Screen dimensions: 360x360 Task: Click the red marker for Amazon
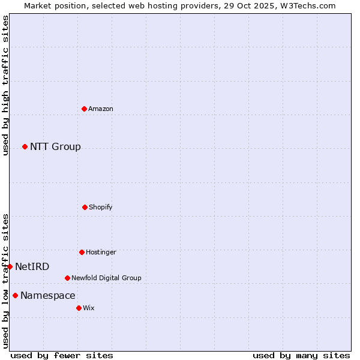[x=84, y=109]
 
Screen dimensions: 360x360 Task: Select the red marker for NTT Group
[x=25, y=146]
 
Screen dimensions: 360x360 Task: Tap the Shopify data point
[x=85, y=207]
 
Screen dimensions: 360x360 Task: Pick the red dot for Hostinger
[x=82, y=252]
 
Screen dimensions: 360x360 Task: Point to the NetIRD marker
[x=10, y=266]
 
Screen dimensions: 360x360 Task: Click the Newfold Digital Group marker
[x=67, y=278]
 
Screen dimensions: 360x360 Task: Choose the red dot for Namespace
[x=15, y=295]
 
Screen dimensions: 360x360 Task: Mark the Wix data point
[x=79, y=308]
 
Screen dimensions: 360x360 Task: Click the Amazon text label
[x=101, y=109]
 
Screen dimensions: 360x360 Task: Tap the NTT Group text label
[x=55, y=147]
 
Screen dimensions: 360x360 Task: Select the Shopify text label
[x=101, y=207]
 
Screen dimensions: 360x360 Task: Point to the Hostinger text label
[x=101, y=252]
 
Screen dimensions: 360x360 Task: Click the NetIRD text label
[x=32, y=267]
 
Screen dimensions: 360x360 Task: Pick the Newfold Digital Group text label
[x=106, y=278]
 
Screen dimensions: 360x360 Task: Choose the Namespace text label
[x=48, y=296]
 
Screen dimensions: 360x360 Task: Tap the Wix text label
[x=89, y=308]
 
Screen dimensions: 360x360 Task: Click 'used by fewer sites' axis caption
[x=62, y=355]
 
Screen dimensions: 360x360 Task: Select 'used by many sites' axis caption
[x=301, y=355]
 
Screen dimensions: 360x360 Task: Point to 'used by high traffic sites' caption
[x=5, y=85]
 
